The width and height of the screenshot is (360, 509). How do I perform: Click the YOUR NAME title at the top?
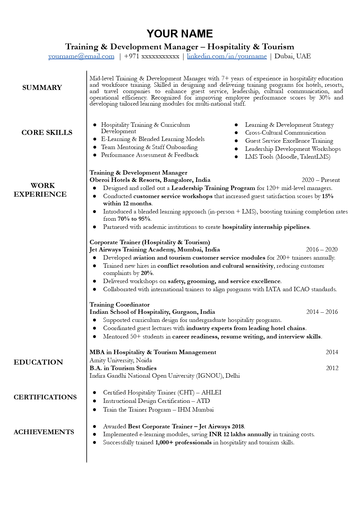point(180,34)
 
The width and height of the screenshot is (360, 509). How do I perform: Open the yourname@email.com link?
point(81,56)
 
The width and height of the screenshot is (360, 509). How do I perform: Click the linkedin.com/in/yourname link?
point(227,56)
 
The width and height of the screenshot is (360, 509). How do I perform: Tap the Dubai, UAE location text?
point(292,56)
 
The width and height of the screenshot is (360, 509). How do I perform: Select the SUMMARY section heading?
point(42,88)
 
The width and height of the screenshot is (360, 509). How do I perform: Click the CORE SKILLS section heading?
point(47,133)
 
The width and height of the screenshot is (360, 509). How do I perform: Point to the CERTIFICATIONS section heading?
point(45,397)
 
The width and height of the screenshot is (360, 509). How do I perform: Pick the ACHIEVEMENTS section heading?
point(44,432)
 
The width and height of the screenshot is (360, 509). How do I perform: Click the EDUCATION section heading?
point(38,362)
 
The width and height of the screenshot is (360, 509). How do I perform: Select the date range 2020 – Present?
point(321,180)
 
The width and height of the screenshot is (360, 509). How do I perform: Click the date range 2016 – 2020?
point(322,250)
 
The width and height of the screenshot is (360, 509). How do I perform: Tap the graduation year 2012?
point(332,368)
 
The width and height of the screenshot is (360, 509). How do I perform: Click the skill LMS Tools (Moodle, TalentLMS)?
point(288,157)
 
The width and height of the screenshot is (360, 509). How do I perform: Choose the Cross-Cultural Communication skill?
point(285,133)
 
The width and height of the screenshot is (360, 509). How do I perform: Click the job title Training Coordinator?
point(119,305)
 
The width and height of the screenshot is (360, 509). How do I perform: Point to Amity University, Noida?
point(121,360)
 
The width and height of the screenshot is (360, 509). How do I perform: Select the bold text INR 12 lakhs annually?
point(240,434)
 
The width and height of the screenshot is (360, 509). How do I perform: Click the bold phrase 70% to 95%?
point(134,219)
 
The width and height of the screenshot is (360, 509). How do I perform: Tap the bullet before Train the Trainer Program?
point(94,410)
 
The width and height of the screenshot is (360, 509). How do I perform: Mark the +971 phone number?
point(152,56)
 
